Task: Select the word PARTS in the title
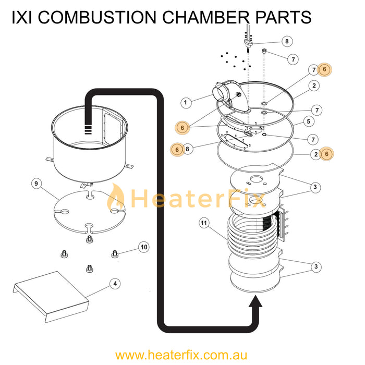pyautogui.click(x=283, y=17)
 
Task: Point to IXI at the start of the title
pyautogui.click(x=23, y=17)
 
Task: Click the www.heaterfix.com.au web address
pyautogui.click(x=182, y=355)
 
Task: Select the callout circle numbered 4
pyautogui.click(x=115, y=284)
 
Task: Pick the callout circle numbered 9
pyautogui.click(x=36, y=184)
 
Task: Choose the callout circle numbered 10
pyautogui.click(x=144, y=246)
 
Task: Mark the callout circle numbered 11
pyautogui.click(x=204, y=224)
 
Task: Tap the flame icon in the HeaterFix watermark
pyautogui.click(x=116, y=198)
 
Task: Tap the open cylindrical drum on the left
pyautogui.click(x=89, y=143)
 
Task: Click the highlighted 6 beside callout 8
pyautogui.click(x=177, y=149)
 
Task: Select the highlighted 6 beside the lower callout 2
pyautogui.click(x=327, y=154)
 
